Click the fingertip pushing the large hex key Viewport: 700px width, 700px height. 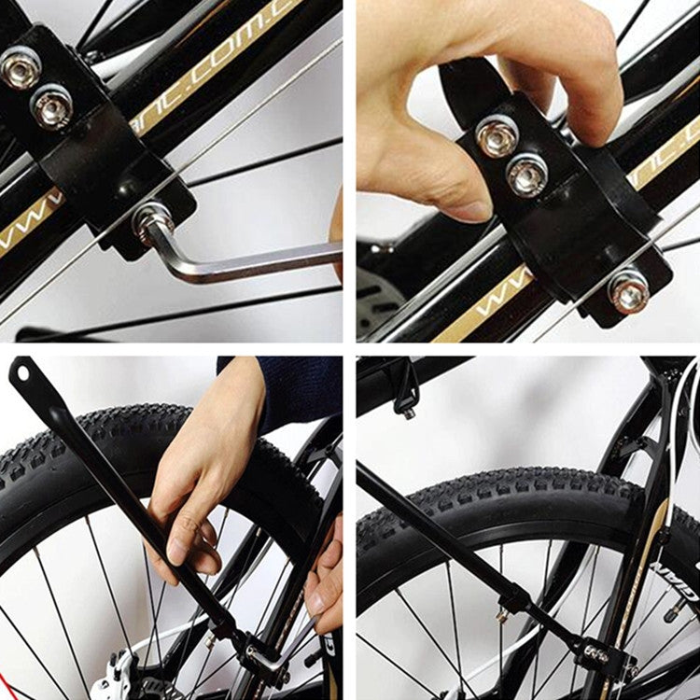336,224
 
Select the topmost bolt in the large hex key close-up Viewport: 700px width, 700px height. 20,67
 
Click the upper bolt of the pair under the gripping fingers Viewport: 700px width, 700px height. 497,136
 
